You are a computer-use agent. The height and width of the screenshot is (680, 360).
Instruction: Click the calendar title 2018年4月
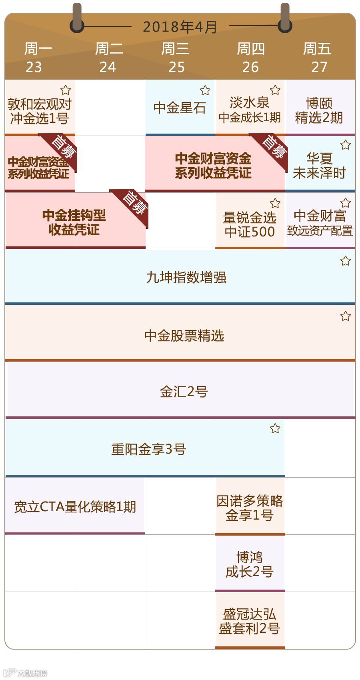[180, 27]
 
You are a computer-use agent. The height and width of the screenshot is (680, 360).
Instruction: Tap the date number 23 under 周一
[34, 67]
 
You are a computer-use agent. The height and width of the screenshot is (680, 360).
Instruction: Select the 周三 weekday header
[175, 49]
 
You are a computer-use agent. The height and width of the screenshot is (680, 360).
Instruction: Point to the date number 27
[319, 67]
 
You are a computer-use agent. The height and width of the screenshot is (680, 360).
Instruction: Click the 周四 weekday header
[251, 49]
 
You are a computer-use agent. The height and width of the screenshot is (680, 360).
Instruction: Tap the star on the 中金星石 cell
[205, 90]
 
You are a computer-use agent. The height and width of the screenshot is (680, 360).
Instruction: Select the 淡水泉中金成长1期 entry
[250, 110]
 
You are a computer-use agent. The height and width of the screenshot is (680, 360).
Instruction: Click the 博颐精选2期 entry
[319, 110]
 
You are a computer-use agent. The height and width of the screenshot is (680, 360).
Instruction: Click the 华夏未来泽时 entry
[319, 165]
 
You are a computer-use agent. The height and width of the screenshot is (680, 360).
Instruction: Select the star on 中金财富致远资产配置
[346, 203]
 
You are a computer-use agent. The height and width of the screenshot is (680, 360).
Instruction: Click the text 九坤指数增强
[186, 277]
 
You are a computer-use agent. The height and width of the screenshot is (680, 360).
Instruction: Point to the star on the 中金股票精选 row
[346, 316]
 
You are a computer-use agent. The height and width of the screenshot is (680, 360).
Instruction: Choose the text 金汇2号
[184, 391]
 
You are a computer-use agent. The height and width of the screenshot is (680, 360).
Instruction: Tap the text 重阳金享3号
[149, 449]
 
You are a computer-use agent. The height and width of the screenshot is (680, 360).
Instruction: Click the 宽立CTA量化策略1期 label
[75, 507]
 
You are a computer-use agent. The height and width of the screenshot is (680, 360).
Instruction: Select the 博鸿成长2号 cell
[250, 564]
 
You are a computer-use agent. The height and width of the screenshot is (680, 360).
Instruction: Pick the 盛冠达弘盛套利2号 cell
[250, 621]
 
